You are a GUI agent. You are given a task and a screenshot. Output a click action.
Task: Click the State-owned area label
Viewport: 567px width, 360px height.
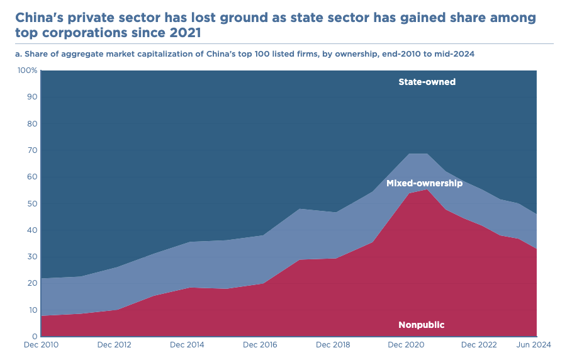tap(427, 82)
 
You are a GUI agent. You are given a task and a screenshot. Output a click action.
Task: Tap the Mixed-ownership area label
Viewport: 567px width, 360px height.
tap(424, 183)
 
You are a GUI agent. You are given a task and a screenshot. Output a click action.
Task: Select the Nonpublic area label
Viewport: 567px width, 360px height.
tap(421, 325)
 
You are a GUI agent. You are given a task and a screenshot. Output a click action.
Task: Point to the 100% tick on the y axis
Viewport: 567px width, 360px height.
tap(28, 70)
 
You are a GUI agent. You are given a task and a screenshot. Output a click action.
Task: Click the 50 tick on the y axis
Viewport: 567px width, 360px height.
tap(32, 203)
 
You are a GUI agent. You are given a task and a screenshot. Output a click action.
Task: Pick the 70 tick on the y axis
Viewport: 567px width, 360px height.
tap(32, 150)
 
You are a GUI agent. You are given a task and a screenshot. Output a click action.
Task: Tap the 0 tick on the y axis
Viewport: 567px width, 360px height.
tap(35, 337)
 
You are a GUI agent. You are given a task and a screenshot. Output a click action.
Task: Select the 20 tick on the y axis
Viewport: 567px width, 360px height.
tap(32, 283)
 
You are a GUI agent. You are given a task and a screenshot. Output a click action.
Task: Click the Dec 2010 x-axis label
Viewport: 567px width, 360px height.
tap(41, 345)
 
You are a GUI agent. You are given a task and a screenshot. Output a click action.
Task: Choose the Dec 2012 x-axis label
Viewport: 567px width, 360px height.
tap(115, 345)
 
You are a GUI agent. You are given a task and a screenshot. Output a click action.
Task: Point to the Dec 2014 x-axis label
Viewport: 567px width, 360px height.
tap(187, 345)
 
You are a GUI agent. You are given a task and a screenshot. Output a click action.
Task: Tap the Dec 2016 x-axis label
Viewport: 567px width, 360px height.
tap(260, 345)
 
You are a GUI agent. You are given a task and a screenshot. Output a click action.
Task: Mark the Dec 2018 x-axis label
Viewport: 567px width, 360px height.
tap(332, 345)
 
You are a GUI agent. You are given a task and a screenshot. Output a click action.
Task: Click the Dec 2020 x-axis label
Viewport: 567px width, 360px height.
tap(405, 345)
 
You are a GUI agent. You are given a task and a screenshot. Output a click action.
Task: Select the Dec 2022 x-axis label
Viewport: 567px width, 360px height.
tap(478, 345)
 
